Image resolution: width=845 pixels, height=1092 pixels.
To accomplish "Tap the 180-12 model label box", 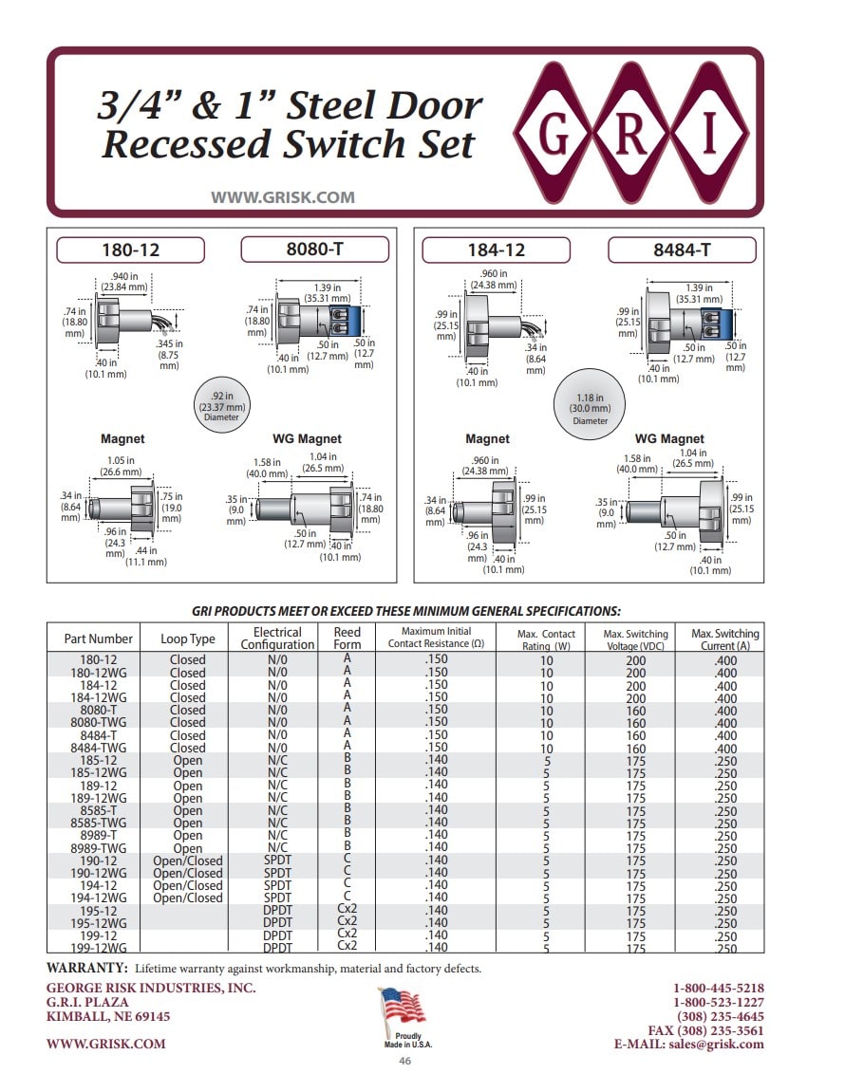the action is [x=130, y=250].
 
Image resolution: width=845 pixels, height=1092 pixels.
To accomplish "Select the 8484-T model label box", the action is [x=682, y=250].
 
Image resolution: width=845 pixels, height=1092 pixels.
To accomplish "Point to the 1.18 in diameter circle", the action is [x=590, y=404].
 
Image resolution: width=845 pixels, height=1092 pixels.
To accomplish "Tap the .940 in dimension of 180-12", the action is [x=124, y=282].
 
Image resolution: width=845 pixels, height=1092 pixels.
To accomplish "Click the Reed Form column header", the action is [x=347, y=638].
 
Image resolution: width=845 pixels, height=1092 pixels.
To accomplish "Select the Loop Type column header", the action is [x=188, y=639].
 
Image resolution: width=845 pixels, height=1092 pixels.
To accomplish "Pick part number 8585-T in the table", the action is [x=99, y=810].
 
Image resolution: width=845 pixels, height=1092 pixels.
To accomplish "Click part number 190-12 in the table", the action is [x=99, y=861].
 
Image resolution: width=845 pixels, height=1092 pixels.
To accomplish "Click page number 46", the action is [x=405, y=1061].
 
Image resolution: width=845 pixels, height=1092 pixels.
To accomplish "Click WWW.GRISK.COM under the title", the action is [x=283, y=197].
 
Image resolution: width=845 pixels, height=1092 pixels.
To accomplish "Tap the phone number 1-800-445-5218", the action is [x=718, y=988].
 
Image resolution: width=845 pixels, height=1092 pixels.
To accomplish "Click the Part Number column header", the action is [x=99, y=639].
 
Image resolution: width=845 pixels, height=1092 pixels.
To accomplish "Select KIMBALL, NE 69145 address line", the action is [x=108, y=1016].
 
